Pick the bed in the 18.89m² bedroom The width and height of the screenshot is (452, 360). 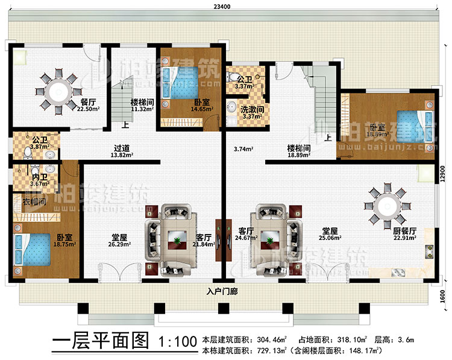pos(412,126)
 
